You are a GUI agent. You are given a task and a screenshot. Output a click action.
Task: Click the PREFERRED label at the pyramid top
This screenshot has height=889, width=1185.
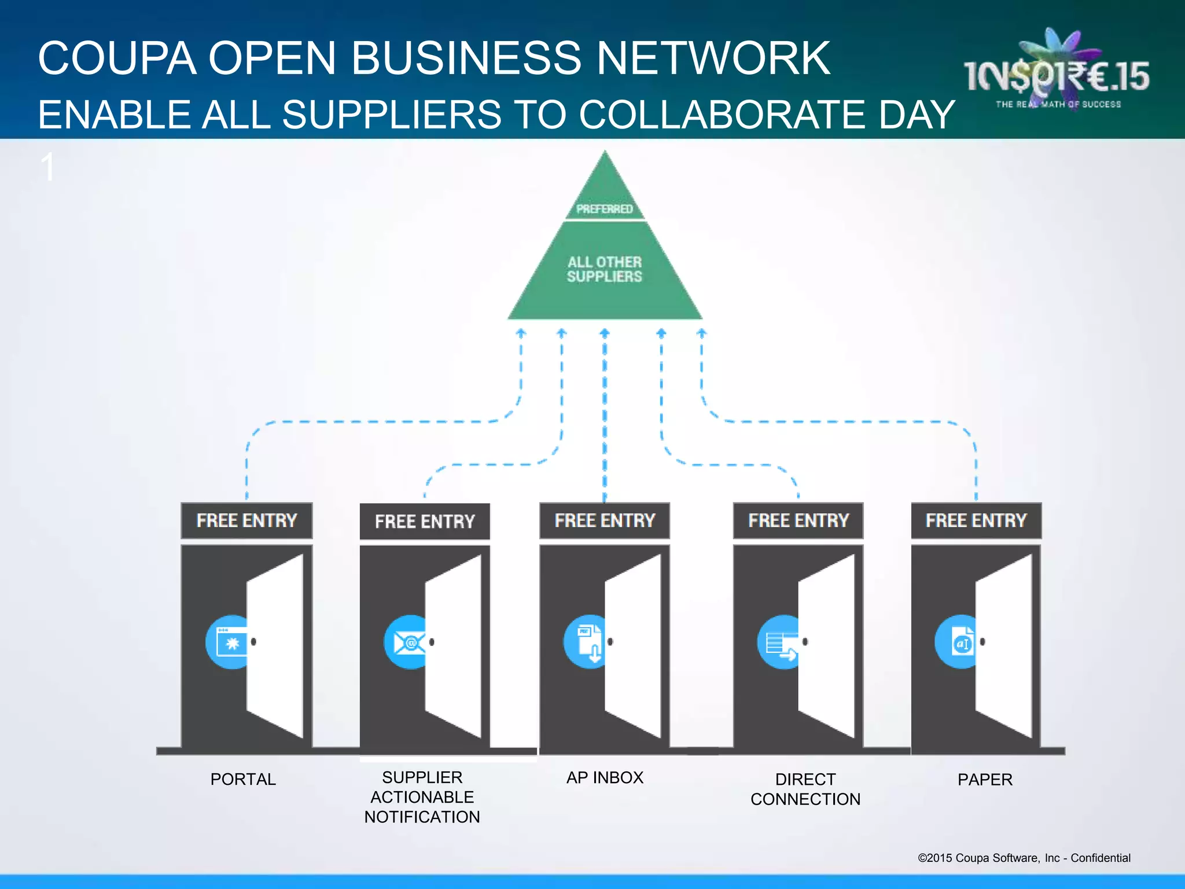pos(605,208)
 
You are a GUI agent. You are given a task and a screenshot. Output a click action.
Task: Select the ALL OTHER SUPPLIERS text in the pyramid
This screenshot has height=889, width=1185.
pos(605,269)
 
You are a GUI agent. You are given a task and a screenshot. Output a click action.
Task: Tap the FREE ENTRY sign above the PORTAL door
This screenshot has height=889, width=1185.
pos(246,520)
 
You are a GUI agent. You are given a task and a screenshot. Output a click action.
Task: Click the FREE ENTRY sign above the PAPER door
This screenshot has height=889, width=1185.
pos(976,520)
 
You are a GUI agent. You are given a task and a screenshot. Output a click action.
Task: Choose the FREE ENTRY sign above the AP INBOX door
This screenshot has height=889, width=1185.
pos(605,520)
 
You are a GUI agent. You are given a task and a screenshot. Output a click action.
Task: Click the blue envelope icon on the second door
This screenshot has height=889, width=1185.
pos(407,642)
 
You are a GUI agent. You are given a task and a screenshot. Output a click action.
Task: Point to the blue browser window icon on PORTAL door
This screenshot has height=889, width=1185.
pos(229,642)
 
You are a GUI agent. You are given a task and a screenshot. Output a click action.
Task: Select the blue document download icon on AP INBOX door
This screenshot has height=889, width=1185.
pos(587,642)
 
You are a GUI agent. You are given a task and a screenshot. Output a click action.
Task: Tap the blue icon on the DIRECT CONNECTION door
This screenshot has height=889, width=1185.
pos(779,642)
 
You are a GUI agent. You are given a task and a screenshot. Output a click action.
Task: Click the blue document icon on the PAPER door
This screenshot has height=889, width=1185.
pos(958,642)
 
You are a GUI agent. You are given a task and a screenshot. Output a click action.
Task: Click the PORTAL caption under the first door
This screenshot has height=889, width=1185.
pos(243,779)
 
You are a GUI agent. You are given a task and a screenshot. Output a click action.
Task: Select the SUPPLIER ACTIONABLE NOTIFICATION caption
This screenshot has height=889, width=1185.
pos(422,797)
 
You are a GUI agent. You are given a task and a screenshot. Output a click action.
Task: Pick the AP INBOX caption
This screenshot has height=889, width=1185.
pos(605,777)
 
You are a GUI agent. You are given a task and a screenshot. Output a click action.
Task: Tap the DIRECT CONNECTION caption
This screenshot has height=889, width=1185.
pos(805,789)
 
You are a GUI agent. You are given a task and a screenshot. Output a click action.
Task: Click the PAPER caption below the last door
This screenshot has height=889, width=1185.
pos(985,780)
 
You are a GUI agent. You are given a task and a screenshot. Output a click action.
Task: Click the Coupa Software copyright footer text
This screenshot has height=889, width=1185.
pos(1024,858)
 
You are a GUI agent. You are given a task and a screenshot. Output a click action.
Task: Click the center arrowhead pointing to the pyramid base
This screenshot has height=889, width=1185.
pos(605,333)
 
